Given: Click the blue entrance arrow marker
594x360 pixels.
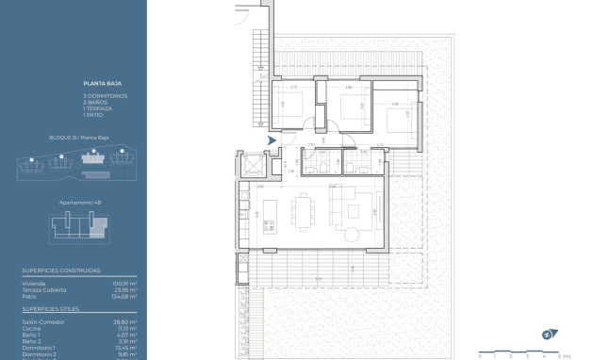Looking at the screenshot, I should (x=272, y=141).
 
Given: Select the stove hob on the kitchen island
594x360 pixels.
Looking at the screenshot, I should (x=268, y=224).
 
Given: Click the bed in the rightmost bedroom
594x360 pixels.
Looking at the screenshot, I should (x=398, y=123).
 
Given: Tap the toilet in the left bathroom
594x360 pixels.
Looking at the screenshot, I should (x=322, y=168).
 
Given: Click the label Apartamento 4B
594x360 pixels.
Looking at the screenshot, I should (x=79, y=203).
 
